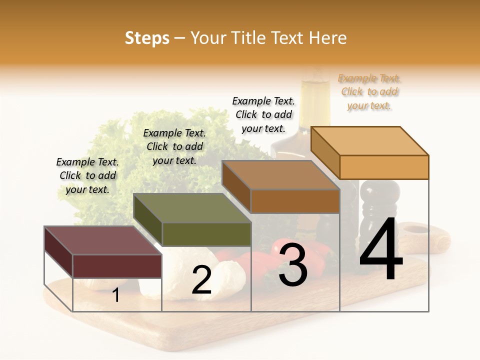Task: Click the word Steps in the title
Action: click(147, 38)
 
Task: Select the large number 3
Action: click(293, 265)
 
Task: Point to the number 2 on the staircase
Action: click(201, 280)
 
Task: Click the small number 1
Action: click(116, 295)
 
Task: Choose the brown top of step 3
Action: click(280, 174)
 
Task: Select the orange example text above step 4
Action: click(369, 92)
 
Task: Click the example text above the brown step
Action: click(263, 114)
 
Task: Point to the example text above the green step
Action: click(174, 146)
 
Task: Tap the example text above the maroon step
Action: click(87, 175)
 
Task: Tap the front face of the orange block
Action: click(384, 167)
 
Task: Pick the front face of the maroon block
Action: click(117, 266)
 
